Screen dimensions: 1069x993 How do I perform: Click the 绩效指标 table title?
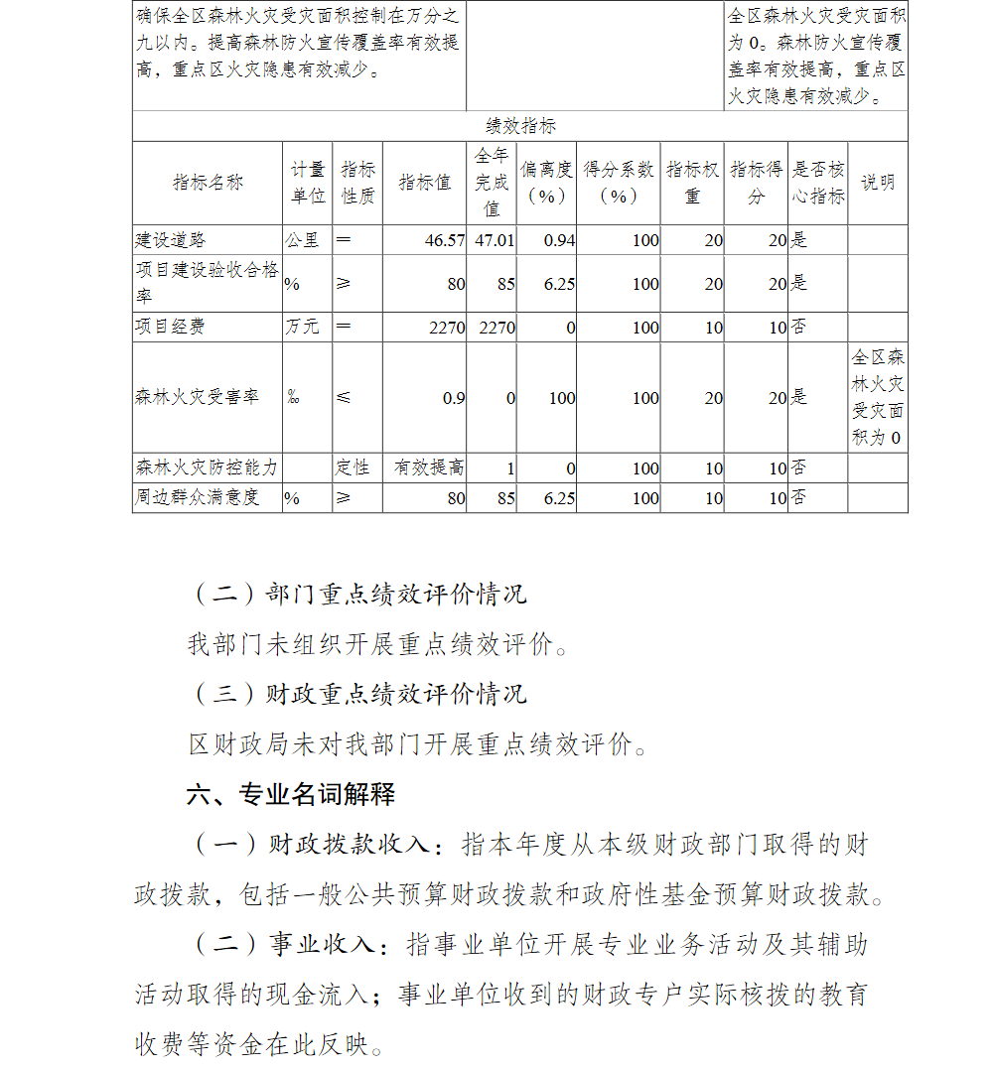pyautogui.click(x=520, y=126)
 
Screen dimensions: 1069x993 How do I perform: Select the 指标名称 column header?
pyautogui.click(x=208, y=183)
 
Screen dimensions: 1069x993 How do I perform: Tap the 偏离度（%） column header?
pyautogui.click(x=546, y=183)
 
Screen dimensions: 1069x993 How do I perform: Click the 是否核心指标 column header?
pyautogui.click(x=817, y=183)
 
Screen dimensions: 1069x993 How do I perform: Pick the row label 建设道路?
pyautogui.click(x=171, y=240)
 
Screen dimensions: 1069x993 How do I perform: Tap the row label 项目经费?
pyautogui.click(x=171, y=327)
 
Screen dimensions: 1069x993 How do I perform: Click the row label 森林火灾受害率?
pyautogui.click(x=197, y=397)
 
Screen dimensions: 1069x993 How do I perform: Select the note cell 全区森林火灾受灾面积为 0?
pyautogui.click(x=878, y=397)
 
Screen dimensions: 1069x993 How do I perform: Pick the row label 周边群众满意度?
pyautogui.click(x=197, y=497)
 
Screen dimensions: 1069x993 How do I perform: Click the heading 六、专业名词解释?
pyautogui.click(x=291, y=794)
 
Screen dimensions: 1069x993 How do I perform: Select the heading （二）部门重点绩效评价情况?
pyautogui.click(x=358, y=595)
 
